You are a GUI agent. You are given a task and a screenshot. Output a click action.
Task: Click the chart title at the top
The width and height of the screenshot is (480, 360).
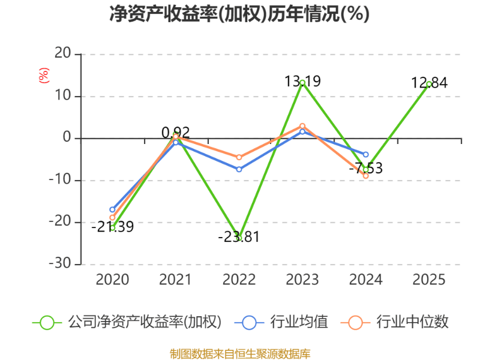click(x=239, y=14)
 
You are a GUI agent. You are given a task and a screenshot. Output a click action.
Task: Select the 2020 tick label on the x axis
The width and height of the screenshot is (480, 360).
click(x=112, y=280)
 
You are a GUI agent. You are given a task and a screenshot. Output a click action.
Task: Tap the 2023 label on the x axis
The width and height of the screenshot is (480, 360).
click(x=302, y=280)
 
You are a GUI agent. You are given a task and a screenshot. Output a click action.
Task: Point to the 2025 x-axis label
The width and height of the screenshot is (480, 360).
click(x=430, y=280)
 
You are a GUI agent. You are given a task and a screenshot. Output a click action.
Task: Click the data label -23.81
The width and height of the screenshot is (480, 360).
click(x=239, y=236)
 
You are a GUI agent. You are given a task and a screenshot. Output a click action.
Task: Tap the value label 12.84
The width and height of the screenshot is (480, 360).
click(x=429, y=83)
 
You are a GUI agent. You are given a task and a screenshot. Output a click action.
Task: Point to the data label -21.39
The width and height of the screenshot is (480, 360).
click(x=112, y=227)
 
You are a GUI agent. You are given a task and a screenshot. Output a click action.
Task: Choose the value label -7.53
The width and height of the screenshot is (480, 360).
click(x=365, y=169)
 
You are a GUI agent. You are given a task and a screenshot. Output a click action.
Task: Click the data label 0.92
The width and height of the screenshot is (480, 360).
click(x=175, y=132)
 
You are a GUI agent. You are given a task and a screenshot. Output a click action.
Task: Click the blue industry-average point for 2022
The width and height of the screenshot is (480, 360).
click(x=239, y=169)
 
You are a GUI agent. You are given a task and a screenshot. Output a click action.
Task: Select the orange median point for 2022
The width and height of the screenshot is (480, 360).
click(x=239, y=157)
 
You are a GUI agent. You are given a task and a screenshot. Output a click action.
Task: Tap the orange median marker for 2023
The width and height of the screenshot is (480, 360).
click(x=302, y=126)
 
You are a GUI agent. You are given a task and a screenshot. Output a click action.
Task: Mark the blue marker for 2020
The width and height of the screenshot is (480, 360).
click(x=112, y=209)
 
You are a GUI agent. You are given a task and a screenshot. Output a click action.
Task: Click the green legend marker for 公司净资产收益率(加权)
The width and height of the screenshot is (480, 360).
click(x=47, y=322)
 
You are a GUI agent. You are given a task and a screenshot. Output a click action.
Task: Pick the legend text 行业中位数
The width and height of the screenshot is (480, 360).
click(x=412, y=322)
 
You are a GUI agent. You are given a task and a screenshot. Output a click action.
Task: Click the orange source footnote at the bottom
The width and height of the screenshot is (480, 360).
click(x=239, y=353)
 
